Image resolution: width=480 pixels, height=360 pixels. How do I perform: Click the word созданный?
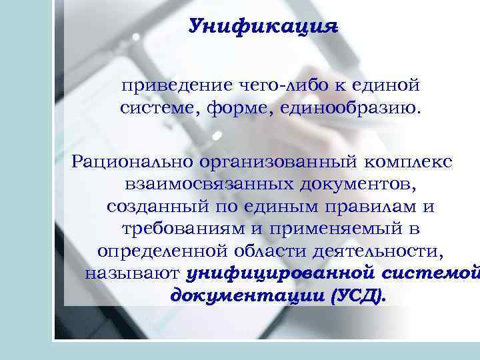point(155,207)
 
